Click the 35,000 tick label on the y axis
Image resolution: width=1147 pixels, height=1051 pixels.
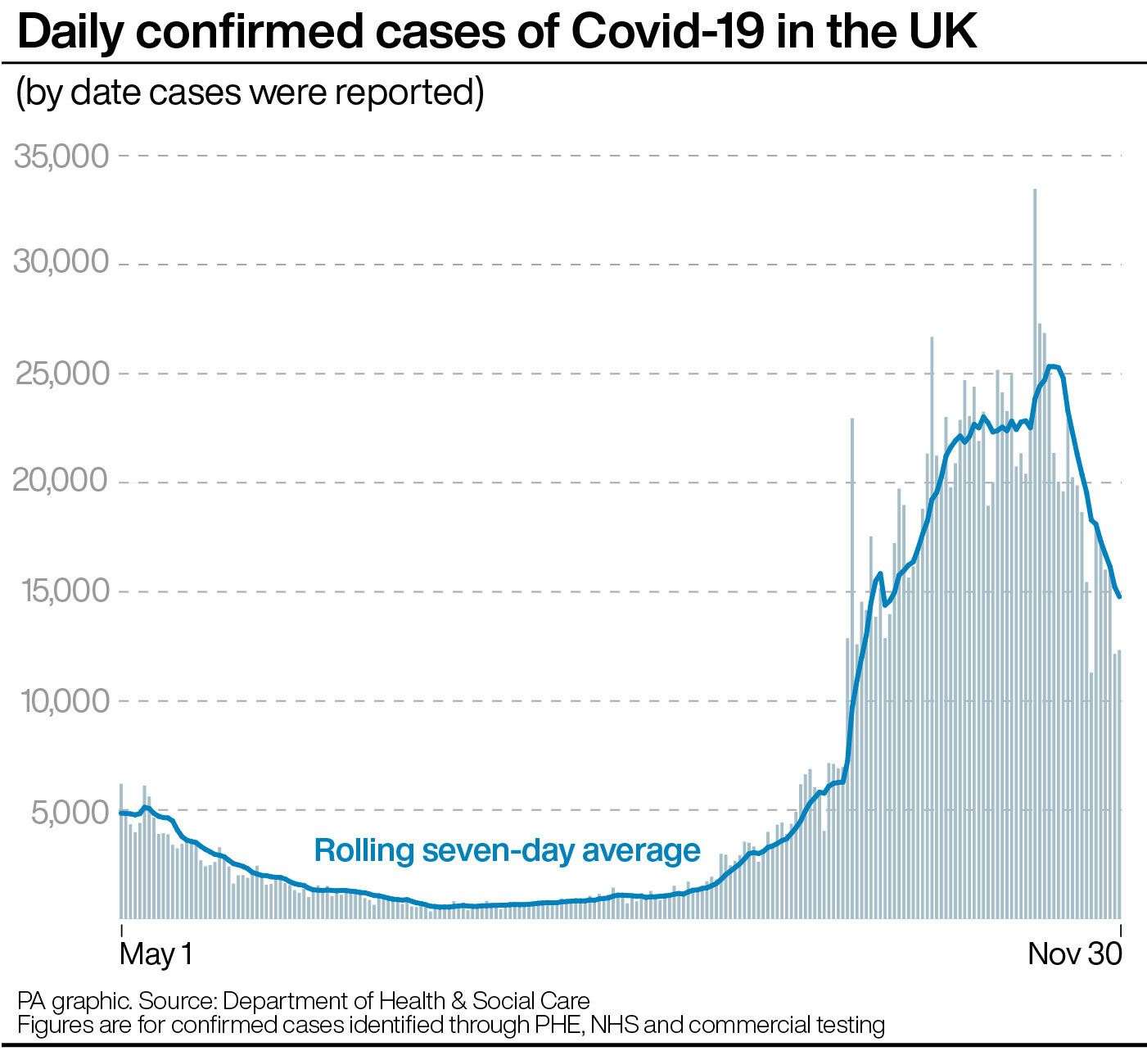[61, 155]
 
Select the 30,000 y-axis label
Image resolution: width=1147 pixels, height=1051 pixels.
[61, 263]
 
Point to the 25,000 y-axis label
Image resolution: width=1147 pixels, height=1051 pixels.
[61, 374]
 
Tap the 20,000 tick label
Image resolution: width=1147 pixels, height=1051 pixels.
[61, 481]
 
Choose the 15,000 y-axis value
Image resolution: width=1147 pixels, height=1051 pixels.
[61, 591]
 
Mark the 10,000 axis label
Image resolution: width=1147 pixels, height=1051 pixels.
[61, 701]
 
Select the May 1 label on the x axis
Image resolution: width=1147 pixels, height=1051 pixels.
[156, 955]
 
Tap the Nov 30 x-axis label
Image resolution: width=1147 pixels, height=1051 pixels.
[1073, 955]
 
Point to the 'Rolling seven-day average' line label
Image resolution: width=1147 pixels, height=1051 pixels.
[508, 850]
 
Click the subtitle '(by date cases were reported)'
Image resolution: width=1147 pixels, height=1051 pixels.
[250, 92]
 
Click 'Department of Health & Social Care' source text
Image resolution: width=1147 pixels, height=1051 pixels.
[405, 1001]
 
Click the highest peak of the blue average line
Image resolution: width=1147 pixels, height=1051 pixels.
[1053, 366]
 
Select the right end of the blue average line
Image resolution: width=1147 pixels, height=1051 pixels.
[1119, 596]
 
